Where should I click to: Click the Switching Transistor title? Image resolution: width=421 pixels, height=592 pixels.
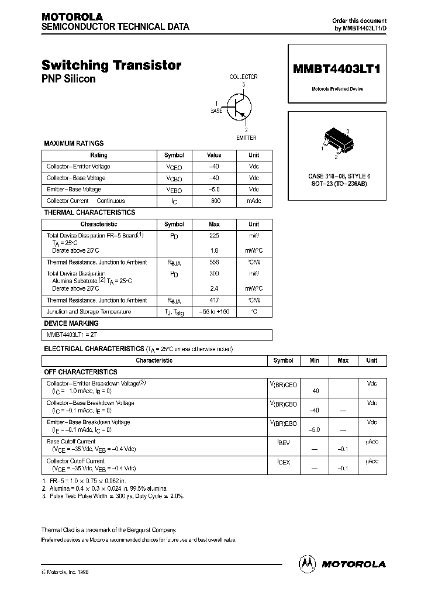coord(111,66)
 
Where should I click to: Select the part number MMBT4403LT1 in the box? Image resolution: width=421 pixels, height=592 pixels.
coord(336,68)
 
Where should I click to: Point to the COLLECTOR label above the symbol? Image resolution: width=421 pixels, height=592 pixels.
coord(243,77)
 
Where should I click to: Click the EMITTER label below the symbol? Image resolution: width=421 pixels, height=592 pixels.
coord(246,137)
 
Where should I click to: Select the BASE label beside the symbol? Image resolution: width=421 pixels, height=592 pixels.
coord(216,111)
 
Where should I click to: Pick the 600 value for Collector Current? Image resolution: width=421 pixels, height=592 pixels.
coord(214,201)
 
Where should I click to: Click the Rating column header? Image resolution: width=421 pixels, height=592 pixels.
coord(99,156)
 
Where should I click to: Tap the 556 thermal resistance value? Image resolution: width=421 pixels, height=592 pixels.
coord(214,263)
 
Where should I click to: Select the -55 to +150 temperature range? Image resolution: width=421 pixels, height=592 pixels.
coord(214,312)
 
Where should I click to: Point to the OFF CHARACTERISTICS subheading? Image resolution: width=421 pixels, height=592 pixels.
coord(81,372)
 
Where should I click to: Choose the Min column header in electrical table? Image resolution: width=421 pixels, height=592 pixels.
coord(316,361)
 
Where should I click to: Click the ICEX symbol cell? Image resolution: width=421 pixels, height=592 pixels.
coord(284,462)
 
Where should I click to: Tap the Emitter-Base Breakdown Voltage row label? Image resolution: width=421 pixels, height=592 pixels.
coord(88,422)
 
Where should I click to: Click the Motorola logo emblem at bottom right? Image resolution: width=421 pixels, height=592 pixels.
coord(307,563)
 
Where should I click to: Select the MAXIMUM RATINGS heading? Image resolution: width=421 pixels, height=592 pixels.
coord(74,143)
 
